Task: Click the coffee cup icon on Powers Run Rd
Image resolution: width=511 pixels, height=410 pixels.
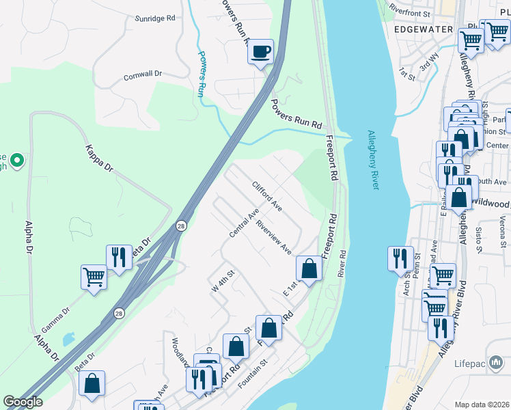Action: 260,52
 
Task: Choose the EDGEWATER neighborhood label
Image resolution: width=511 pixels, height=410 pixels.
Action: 423,29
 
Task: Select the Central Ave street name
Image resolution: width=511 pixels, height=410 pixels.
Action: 243,225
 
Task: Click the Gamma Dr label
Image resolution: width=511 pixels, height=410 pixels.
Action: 57,316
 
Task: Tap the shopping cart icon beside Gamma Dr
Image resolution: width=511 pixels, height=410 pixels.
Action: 94,277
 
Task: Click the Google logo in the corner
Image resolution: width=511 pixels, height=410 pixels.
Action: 23,402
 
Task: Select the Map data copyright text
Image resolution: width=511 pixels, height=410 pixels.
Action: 482,405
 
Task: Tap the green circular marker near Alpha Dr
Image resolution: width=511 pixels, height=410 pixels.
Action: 18,161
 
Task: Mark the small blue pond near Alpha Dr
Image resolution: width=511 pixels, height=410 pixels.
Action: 68,339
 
